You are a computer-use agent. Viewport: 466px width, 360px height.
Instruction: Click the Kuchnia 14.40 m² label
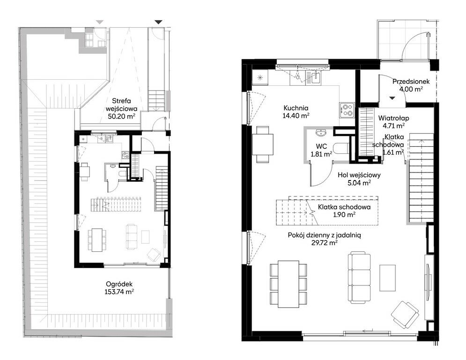296,112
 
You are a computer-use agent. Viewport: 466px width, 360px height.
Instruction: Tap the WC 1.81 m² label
322,150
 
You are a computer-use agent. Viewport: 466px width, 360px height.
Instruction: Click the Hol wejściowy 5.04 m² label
359,179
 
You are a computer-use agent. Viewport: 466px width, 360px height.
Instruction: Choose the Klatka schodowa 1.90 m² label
344,210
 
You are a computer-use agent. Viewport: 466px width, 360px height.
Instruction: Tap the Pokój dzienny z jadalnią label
324,235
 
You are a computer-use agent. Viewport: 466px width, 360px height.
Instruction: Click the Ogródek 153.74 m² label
119,288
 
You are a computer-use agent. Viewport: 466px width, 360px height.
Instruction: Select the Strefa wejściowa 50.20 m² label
121,109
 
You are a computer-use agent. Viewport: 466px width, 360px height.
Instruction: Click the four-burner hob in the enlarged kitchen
347,109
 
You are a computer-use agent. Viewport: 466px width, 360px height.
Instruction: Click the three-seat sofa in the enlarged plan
359,278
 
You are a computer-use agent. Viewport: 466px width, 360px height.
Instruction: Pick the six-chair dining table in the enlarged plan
288,284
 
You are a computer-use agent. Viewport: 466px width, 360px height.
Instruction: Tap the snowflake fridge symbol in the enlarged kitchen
260,78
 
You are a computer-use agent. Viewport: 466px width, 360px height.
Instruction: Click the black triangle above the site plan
159,22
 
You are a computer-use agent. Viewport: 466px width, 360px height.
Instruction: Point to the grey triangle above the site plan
100,22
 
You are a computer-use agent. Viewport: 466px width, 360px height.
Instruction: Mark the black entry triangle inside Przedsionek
392,98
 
